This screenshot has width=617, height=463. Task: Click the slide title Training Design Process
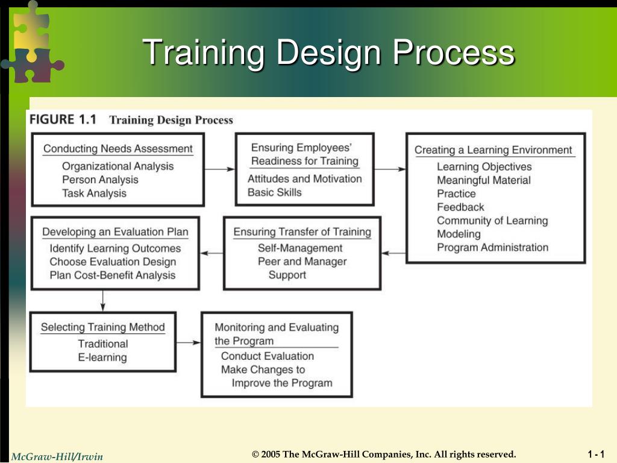(329, 52)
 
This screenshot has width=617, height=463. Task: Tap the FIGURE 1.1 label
(63, 119)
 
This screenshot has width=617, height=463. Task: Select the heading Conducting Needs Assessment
(118, 148)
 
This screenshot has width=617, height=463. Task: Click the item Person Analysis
(100, 180)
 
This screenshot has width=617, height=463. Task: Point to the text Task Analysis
(94, 193)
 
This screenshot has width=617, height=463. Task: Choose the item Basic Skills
(274, 192)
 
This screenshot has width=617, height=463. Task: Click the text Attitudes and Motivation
(304, 178)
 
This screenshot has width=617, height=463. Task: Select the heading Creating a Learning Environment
(493, 150)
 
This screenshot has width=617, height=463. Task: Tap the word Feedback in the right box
(460, 207)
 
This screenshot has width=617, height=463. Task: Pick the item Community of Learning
(492, 220)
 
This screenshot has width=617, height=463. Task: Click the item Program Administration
(492, 247)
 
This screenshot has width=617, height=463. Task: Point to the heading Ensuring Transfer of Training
(302, 231)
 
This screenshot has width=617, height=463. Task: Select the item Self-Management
(300, 248)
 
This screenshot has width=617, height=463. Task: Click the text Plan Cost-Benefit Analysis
(113, 275)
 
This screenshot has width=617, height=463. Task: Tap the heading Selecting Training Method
(102, 327)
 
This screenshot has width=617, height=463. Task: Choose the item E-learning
(102, 357)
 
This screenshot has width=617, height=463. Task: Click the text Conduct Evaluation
(267, 356)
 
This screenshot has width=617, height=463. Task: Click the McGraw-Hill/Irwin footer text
(57, 456)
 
